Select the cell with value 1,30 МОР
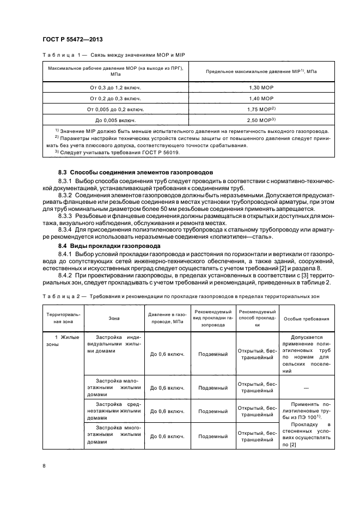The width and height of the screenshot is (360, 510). pos(261,88)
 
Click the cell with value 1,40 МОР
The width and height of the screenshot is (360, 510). pos(261,98)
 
